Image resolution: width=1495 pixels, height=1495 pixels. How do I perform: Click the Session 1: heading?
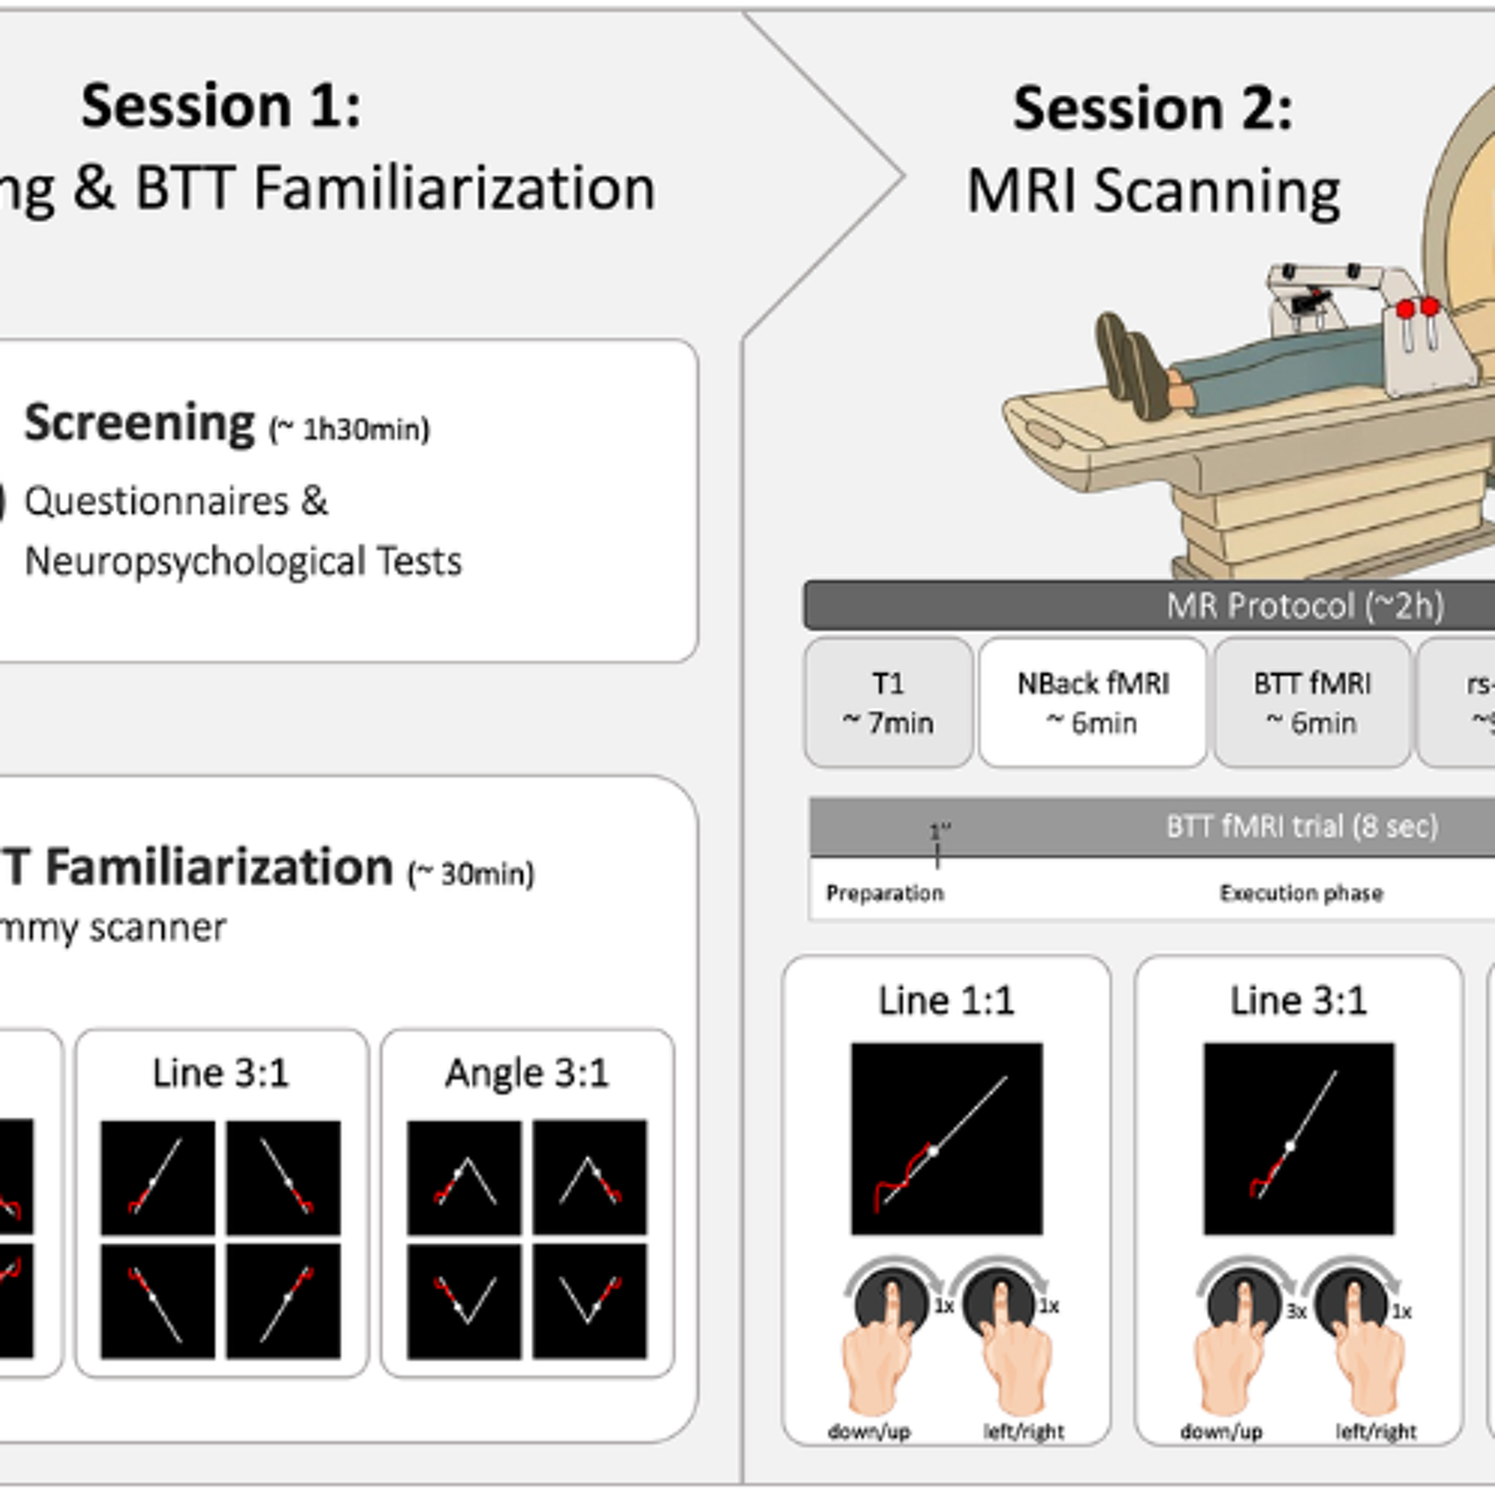(221, 106)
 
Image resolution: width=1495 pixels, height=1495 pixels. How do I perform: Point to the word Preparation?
(885, 893)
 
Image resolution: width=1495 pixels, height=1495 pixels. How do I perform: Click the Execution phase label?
(1301, 893)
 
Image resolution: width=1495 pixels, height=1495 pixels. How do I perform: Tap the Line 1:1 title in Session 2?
(946, 1001)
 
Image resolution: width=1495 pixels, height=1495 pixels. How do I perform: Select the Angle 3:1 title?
(527, 1073)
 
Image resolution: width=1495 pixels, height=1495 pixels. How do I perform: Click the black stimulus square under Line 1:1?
(946, 1138)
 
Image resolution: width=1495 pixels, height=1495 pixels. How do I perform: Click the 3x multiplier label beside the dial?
(1296, 1311)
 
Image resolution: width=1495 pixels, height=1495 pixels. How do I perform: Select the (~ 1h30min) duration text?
(348, 430)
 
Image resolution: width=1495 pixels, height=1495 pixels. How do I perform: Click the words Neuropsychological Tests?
(243, 561)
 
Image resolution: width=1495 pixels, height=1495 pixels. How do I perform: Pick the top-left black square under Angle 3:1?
(464, 1177)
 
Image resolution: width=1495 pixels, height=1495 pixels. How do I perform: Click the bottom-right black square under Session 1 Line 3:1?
(283, 1302)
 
